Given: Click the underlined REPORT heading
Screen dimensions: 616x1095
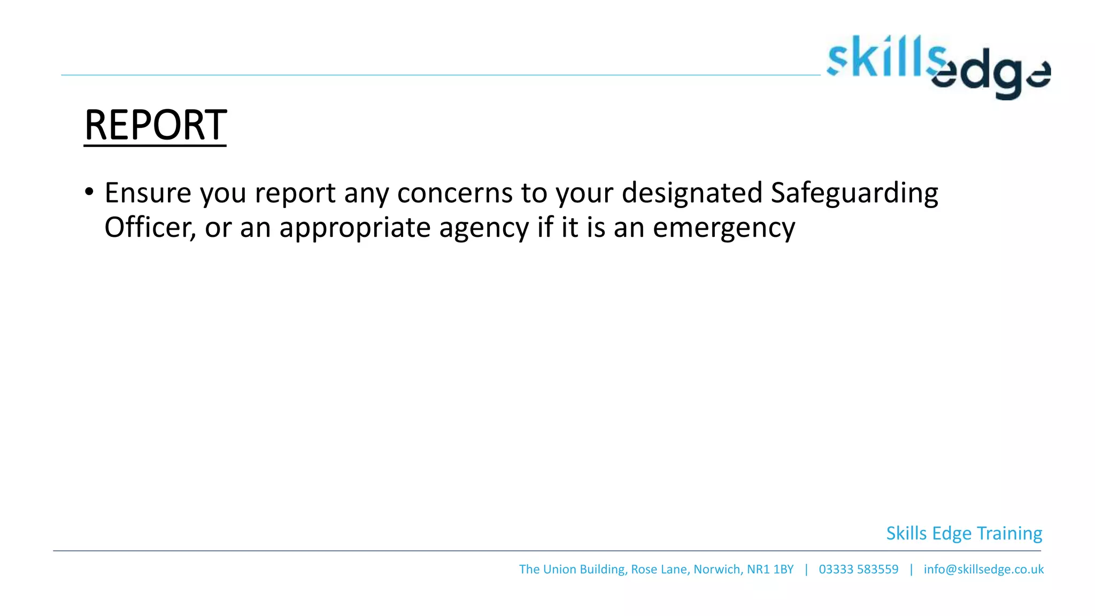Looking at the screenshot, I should click(155, 125).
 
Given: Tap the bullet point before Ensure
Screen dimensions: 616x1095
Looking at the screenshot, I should click(89, 191).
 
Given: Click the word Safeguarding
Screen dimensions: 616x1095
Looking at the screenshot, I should click(854, 194).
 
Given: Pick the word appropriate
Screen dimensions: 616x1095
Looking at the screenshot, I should click(354, 228).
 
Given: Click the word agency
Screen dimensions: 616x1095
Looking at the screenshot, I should click(483, 228).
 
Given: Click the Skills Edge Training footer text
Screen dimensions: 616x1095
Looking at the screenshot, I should click(964, 534).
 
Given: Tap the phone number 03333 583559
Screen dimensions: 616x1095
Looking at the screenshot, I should click(858, 569).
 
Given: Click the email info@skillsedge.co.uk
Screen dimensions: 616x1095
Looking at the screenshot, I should click(983, 569).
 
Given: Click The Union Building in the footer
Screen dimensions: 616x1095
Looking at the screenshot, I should click(572, 569).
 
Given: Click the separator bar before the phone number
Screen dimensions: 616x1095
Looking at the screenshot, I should click(806, 569).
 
